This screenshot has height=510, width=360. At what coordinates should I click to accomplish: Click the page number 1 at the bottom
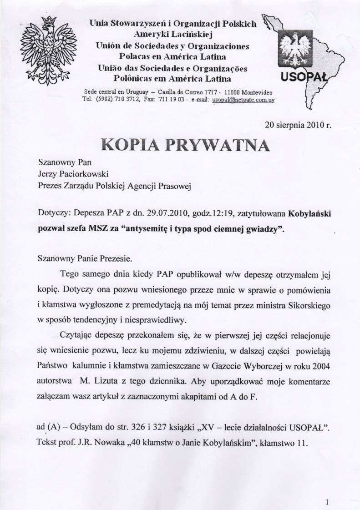click(x=327, y=502)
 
